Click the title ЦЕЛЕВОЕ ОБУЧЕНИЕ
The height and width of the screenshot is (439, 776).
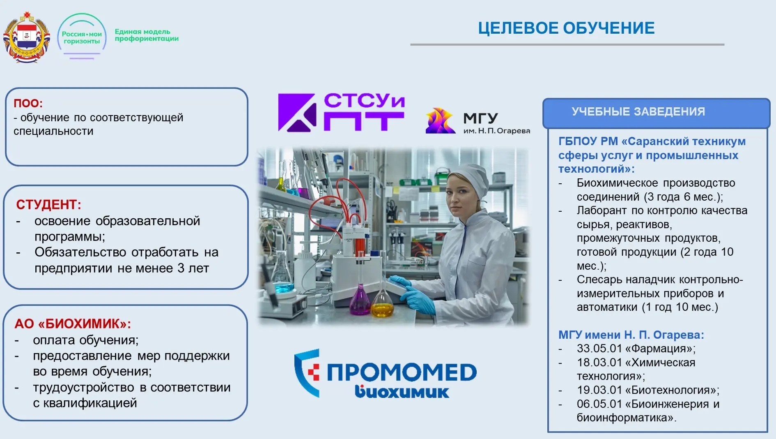[566, 28]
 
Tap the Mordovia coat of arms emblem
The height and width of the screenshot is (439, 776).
[27, 38]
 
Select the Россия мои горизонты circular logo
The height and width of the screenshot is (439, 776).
[82, 37]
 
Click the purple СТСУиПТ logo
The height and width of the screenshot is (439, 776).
[341, 112]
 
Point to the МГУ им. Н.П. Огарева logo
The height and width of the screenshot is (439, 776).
[478, 121]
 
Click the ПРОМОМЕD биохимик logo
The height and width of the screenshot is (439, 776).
[386, 374]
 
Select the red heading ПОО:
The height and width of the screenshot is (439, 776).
[28, 103]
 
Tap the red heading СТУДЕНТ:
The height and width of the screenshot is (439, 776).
[48, 204]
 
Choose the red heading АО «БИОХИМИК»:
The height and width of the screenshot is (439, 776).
[73, 324]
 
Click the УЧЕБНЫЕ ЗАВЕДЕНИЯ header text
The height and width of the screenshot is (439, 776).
[638, 111]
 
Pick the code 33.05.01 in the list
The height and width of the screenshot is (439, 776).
[599, 349]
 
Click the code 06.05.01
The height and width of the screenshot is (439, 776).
[599, 404]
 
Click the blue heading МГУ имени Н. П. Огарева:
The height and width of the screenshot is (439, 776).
[631, 335]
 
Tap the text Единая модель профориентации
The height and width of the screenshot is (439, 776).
[147, 35]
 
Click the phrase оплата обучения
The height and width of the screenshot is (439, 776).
[85, 340]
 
